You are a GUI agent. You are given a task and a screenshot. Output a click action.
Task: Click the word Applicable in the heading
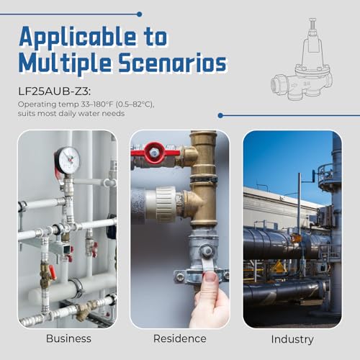coord(78,37)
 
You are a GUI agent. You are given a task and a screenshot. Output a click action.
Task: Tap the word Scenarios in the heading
coord(173,63)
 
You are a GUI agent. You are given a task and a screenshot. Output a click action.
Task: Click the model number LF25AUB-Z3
coord(55,91)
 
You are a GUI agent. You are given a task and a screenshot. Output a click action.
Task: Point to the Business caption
coord(68,338)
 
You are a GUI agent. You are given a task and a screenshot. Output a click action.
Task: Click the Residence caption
coord(180,338)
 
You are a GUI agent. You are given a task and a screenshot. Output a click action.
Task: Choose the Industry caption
coord(292,340)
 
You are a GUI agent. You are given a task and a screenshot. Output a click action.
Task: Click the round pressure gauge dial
coord(68,160)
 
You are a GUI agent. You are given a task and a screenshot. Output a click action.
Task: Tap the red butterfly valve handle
coord(155,153)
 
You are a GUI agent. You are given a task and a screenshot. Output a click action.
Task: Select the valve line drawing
coord(302,59)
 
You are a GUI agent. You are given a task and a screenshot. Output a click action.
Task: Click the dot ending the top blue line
coord(139,14)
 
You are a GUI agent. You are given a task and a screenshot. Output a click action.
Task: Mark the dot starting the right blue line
coord(220,116)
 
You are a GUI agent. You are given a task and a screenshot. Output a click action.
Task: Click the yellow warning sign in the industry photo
coord(279,267)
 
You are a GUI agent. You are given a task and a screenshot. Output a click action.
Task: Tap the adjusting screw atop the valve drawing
coord(312,24)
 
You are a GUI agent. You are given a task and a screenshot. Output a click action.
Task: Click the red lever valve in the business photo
coord(52,273)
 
